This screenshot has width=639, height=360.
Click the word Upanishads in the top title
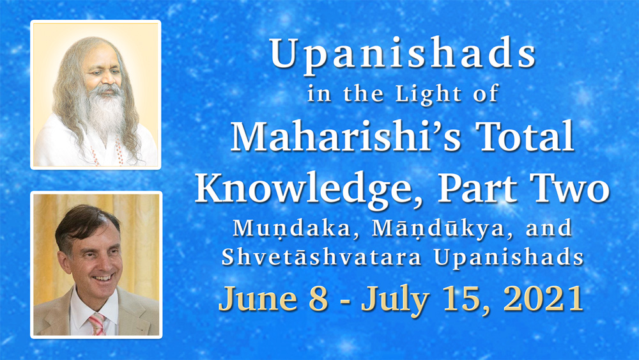402,54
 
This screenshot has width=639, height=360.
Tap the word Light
428,94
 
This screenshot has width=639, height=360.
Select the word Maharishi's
345,137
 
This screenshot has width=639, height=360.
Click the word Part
477,189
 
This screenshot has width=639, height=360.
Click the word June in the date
258,299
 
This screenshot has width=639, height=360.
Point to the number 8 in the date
319,299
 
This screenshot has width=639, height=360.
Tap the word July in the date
394,301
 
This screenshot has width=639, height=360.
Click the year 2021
543,299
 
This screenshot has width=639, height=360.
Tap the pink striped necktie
97,324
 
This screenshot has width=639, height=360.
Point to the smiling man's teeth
102,278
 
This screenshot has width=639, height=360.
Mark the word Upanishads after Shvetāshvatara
509,258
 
